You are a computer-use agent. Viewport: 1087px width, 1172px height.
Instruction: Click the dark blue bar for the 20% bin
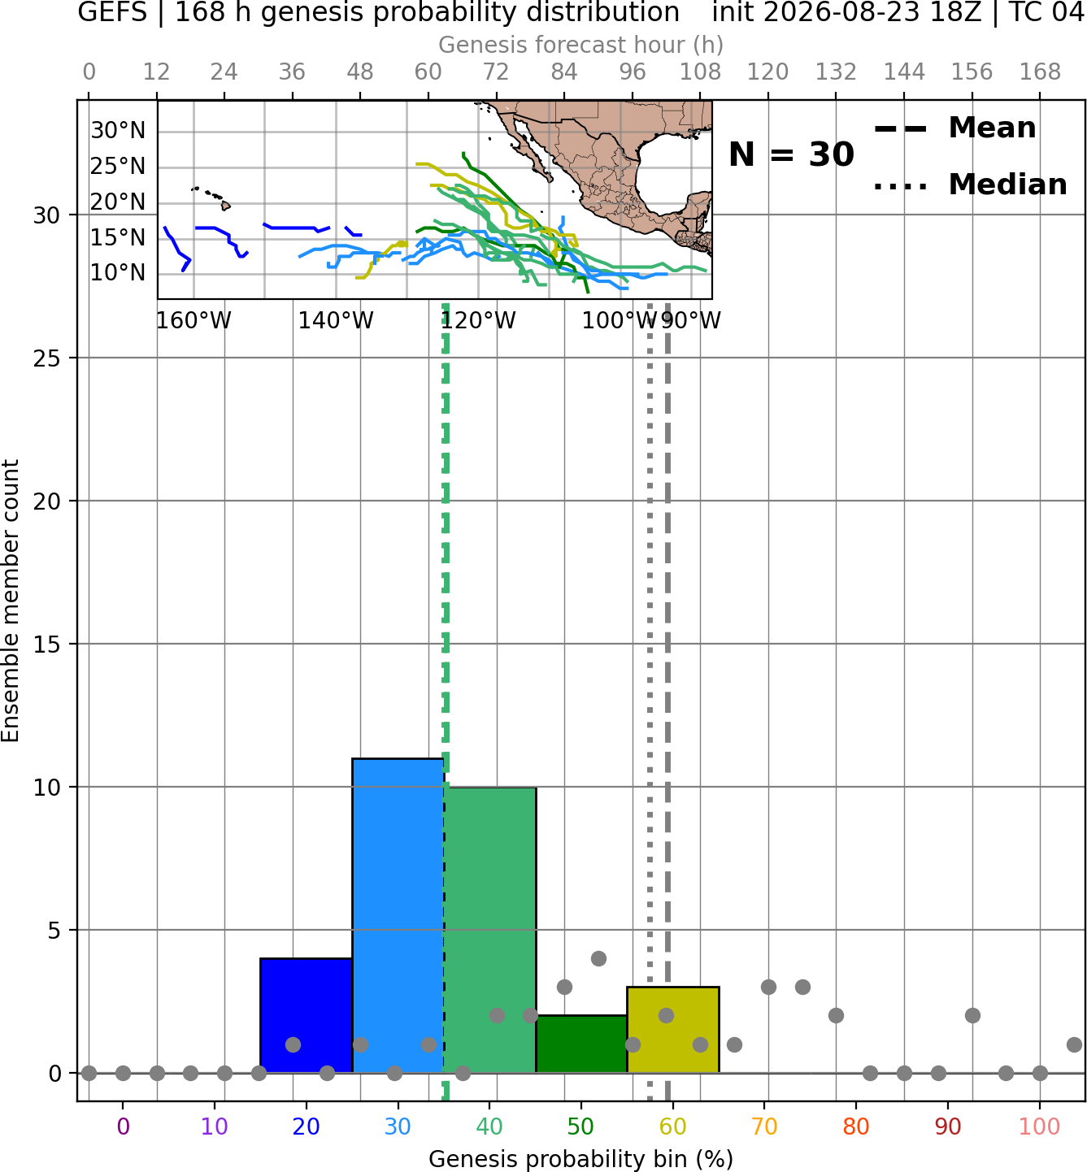(x=307, y=1015)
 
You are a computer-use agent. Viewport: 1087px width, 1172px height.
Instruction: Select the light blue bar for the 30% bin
(x=398, y=915)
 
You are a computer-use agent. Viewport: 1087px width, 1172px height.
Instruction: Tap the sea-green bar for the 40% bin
(x=490, y=930)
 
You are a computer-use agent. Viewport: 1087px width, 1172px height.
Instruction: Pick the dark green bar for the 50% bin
(x=581, y=1044)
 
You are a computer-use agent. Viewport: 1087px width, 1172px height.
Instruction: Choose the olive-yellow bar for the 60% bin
(x=673, y=1030)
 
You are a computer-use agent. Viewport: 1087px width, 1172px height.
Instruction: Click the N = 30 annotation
(x=791, y=154)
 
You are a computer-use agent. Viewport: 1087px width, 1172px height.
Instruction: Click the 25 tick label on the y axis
(x=46, y=358)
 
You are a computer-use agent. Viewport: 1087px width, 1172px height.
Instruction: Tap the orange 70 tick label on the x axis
(x=764, y=1126)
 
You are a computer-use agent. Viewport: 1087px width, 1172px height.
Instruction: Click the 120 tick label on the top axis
(x=767, y=72)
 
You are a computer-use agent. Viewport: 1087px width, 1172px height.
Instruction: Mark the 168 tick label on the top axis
(x=1040, y=72)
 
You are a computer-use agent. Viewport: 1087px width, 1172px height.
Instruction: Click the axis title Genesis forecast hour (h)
(x=581, y=45)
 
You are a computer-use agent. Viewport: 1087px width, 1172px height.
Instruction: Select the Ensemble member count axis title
(x=11, y=601)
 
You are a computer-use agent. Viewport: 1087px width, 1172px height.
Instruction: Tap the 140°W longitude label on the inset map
(x=336, y=320)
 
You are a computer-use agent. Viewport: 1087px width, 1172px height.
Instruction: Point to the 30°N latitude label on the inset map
(x=118, y=130)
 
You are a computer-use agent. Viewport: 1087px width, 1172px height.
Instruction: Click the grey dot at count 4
(x=598, y=958)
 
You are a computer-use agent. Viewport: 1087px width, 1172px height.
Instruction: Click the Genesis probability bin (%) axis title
(x=581, y=1159)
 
